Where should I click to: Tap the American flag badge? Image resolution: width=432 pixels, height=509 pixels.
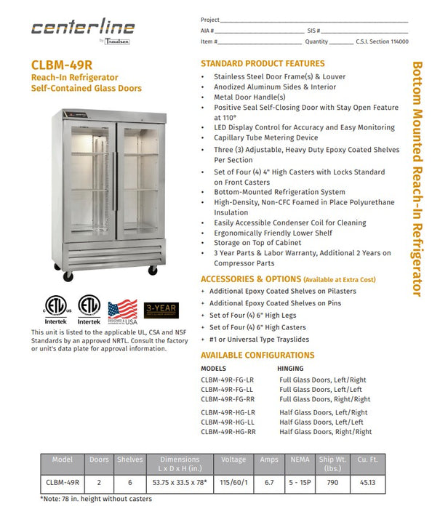122,312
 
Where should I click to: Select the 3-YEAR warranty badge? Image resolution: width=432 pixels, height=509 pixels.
161,310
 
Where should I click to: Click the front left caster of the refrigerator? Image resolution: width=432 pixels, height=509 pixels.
68,276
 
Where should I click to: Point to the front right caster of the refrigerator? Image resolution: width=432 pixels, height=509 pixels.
153,270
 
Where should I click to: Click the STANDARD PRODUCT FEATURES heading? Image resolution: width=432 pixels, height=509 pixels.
263,64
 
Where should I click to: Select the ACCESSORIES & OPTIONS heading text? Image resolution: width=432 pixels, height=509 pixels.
250,279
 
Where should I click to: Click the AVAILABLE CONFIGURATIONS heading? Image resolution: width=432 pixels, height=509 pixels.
257,356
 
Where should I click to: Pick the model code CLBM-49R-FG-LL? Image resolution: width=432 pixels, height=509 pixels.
227,390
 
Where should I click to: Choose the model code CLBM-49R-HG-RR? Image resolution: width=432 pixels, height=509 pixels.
228,432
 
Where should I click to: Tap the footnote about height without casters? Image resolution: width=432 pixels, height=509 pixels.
96,499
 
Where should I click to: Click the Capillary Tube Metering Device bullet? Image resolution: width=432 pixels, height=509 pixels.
265,137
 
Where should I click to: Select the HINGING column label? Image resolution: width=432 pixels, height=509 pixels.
291,369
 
